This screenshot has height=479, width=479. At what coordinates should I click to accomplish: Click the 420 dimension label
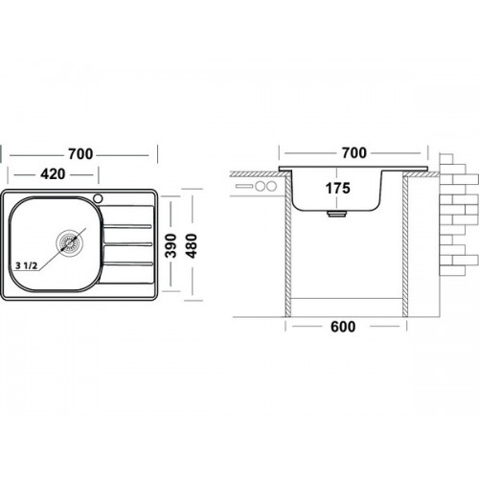click(53, 174)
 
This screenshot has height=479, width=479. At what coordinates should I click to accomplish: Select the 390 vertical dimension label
click(171, 245)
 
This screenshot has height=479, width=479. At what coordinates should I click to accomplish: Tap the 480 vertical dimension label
click(192, 245)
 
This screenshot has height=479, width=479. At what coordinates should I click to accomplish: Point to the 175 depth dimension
click(338, 188)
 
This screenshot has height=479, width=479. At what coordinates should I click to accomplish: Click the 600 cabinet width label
click(343, 327)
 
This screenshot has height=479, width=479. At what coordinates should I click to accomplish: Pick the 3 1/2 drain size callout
click(26, 265)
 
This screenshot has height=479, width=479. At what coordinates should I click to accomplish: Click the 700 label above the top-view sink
click(80, 154)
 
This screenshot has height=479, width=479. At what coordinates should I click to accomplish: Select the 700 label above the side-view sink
click(354, 153)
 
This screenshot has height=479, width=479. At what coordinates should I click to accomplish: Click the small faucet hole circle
click(98, 198)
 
